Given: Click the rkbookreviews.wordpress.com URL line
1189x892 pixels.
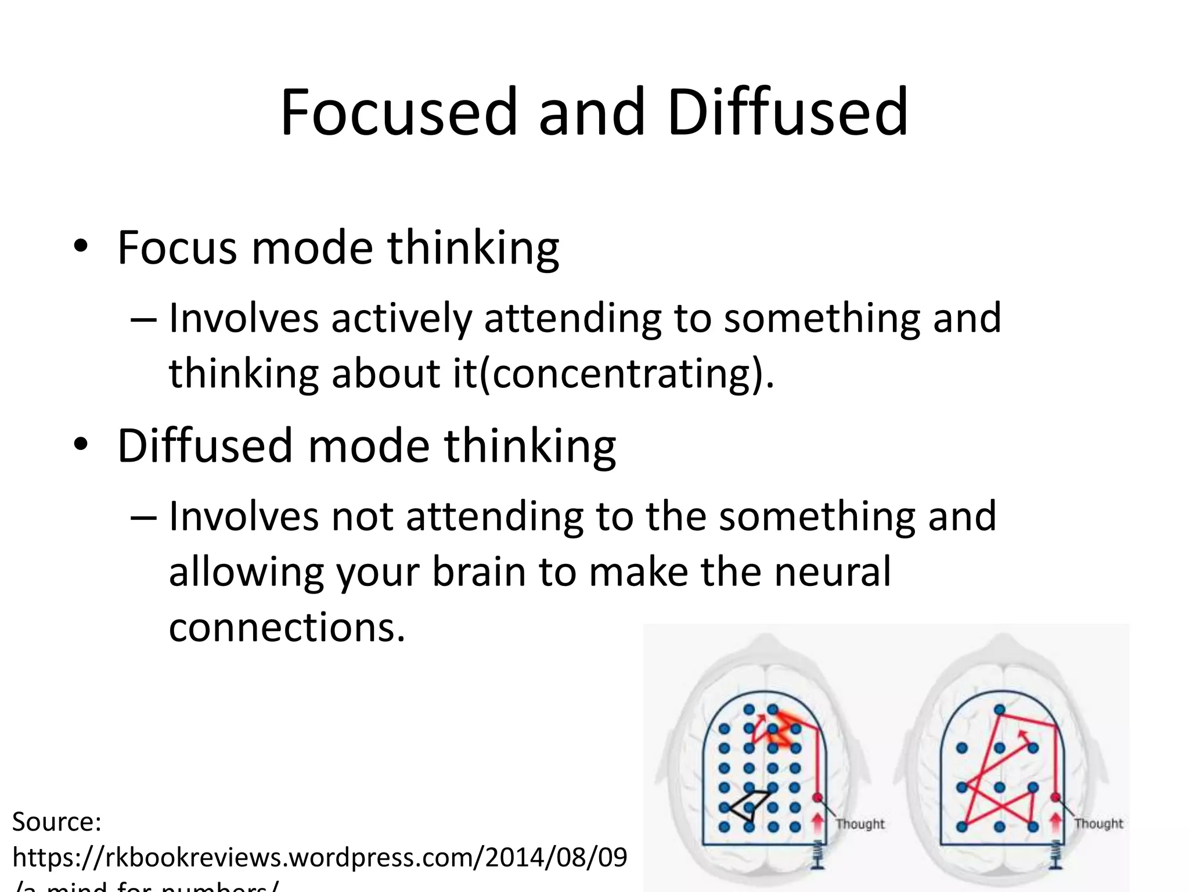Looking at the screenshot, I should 319,857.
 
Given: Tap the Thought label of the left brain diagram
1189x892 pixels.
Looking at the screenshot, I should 860,823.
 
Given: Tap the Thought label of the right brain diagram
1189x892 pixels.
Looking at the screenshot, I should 1098,823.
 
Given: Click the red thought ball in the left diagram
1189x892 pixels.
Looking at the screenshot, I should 817,797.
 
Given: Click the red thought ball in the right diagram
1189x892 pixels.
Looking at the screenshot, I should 1055,797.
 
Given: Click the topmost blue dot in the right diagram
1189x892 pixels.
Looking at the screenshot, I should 999,709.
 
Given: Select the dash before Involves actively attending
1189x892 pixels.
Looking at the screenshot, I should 143,319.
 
